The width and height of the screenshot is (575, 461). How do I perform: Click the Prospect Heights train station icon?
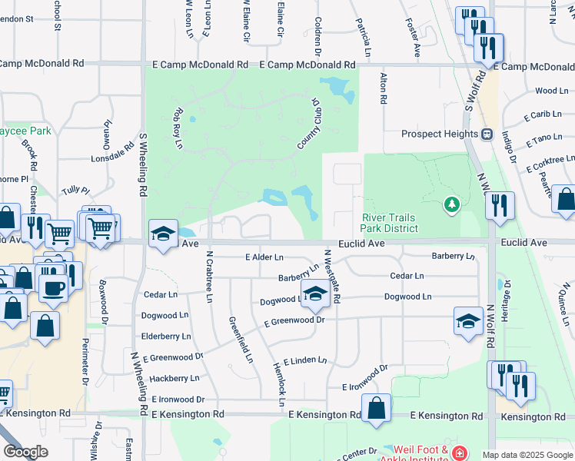click(x=487, y=134)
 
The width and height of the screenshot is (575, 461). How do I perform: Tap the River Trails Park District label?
click(x=390, y=223)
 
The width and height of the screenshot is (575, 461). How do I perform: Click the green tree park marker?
click(x=450, y=205)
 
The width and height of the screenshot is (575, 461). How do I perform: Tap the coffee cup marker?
click(x=52, y=288)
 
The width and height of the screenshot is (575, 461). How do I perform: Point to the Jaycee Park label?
click(x=25, y=131)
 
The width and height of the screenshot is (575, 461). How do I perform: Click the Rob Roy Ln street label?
click(x=178, y=127)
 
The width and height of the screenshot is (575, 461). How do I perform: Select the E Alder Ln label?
click(x=264, y=257)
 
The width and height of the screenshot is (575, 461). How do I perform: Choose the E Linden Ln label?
click(x=305, y=360)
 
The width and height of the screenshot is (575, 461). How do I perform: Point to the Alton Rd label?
click(x=382, y=88)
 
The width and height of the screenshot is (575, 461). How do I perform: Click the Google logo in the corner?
click(x=25, y=452)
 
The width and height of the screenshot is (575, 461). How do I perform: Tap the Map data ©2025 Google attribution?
click(x=527, y=455)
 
